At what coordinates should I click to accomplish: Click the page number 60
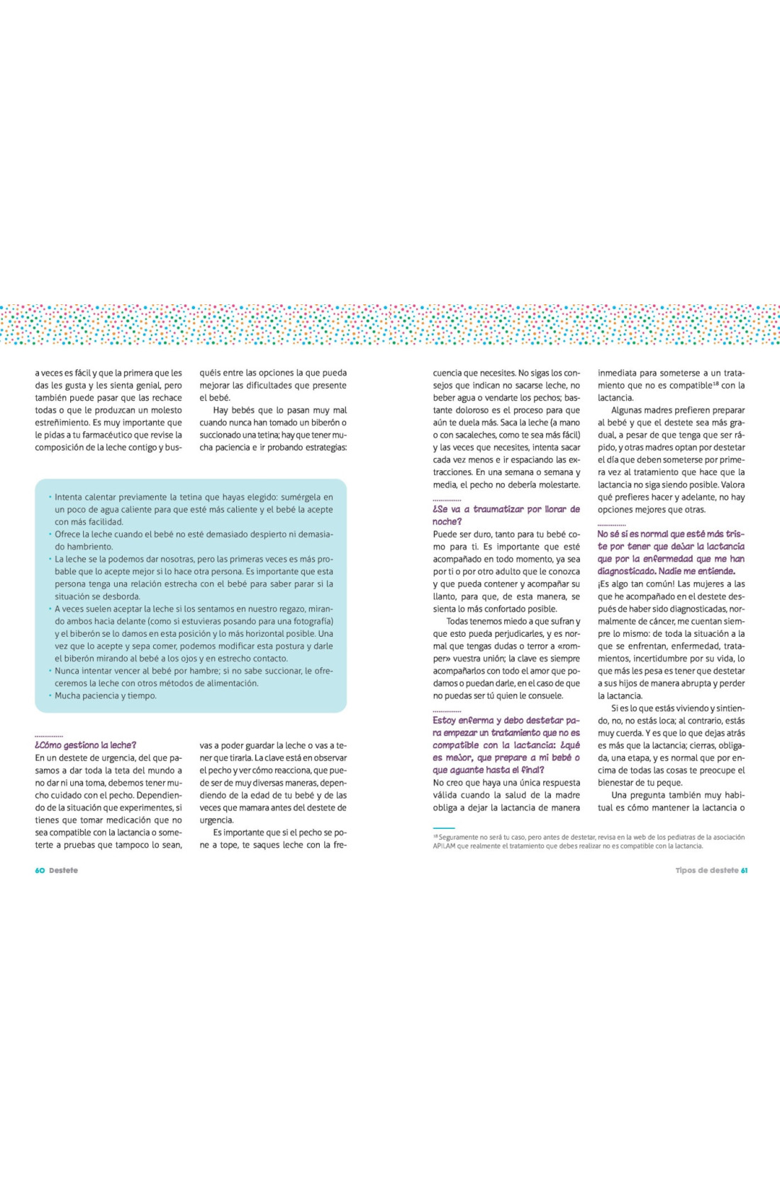point(40,870)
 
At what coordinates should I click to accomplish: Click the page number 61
point(744,870)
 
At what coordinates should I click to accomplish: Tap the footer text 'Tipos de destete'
point(706,870)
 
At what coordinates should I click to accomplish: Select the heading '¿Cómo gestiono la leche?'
point(85,745)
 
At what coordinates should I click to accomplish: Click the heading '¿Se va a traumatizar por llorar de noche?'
point(506,515)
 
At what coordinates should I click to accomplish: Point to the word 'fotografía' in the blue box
point(312,621)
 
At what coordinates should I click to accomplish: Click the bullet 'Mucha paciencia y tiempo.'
point(106,696)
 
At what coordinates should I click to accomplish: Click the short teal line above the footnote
point(443,827)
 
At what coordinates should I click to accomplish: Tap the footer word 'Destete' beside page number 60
point(63,870)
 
